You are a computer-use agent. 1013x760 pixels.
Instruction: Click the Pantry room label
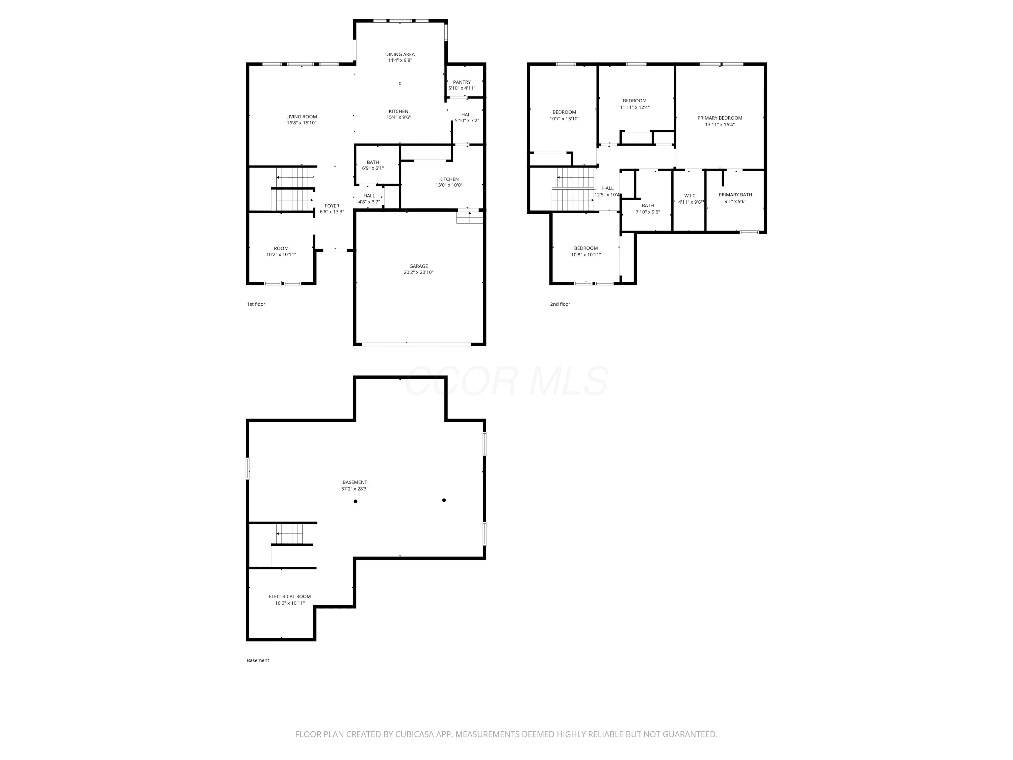(462, 82)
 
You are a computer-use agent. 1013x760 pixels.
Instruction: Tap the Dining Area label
(400, 54)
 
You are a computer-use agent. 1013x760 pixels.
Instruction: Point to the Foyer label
(332, 206)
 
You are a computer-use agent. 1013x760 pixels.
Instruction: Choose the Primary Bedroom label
(720, 118)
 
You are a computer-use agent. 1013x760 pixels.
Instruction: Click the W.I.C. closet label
(690, 196)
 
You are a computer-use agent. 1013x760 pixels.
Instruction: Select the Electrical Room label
(290, 597)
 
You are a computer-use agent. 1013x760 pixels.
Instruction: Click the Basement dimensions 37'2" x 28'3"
(355, 489)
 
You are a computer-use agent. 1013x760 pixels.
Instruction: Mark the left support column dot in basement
(355, 501)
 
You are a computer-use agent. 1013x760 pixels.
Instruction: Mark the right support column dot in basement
(444, 500)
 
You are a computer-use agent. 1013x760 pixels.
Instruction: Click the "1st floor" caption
(256, 304)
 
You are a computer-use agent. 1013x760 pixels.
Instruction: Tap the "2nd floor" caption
(560, 304)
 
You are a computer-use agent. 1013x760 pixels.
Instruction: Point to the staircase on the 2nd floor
(573, 189)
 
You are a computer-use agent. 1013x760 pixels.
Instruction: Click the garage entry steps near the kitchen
(469, 216)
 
